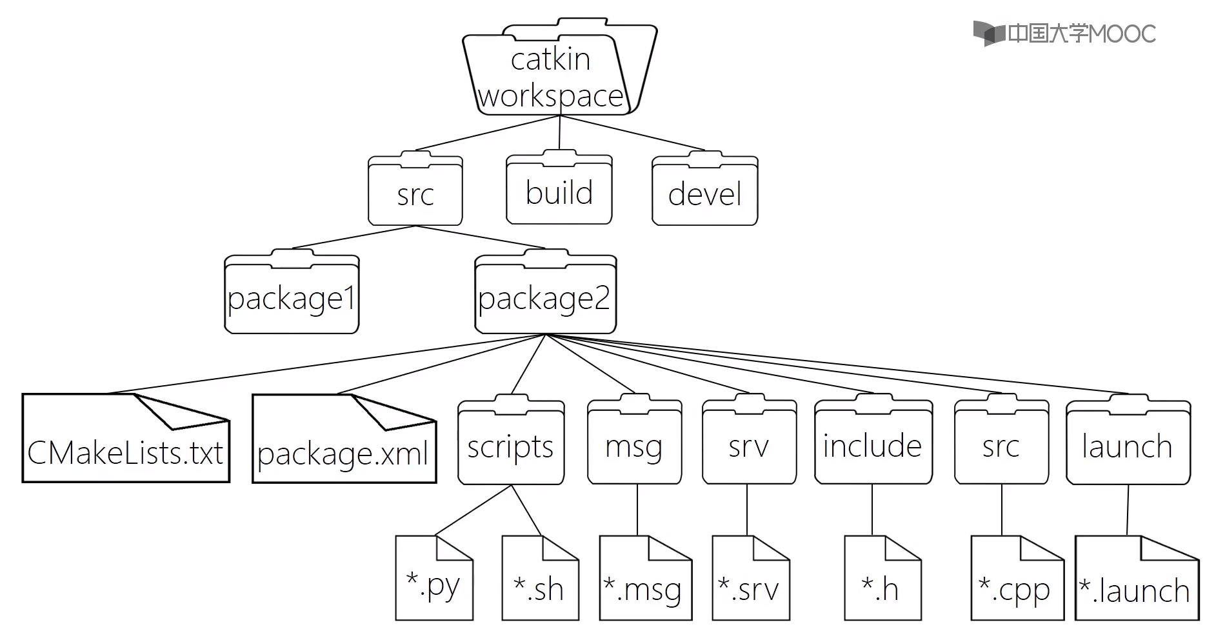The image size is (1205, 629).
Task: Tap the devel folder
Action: (704, 192)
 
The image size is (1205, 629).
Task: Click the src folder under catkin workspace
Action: (415, 192)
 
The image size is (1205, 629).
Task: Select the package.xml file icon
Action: (344, 442)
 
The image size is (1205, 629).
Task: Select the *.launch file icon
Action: (1137, 581)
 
